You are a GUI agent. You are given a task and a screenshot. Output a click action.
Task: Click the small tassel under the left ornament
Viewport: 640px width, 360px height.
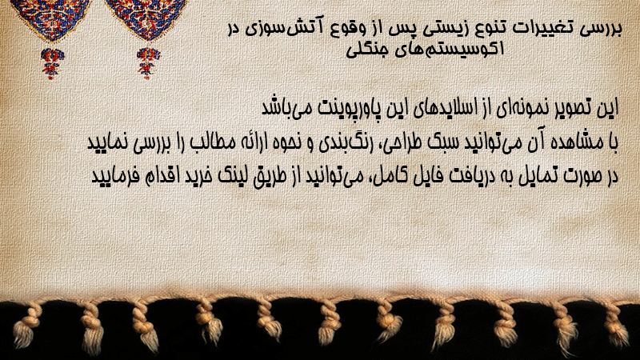[51, 63]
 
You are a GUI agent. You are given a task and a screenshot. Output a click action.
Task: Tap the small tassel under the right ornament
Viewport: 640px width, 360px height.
[148, 62]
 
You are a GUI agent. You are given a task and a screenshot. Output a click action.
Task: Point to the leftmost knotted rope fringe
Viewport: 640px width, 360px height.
[27, 326]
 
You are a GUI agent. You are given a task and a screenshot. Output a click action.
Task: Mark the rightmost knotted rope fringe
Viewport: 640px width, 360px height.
[616, 325]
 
